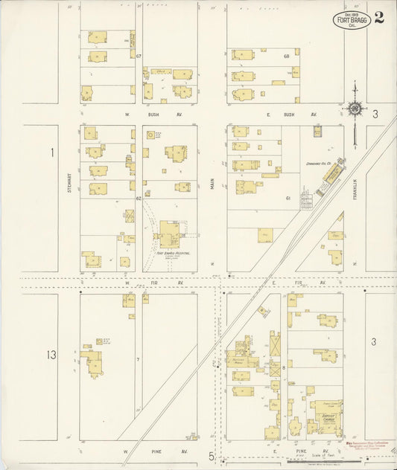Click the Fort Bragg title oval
click(350, 19)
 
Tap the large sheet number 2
click(379, 18)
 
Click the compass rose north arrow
click(355, 109)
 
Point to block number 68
click(286, 57)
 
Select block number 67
click(139, 57)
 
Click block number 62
click(139, 199)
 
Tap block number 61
click(287, 199)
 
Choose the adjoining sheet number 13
click(50, 355)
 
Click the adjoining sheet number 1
click(52, 152)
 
